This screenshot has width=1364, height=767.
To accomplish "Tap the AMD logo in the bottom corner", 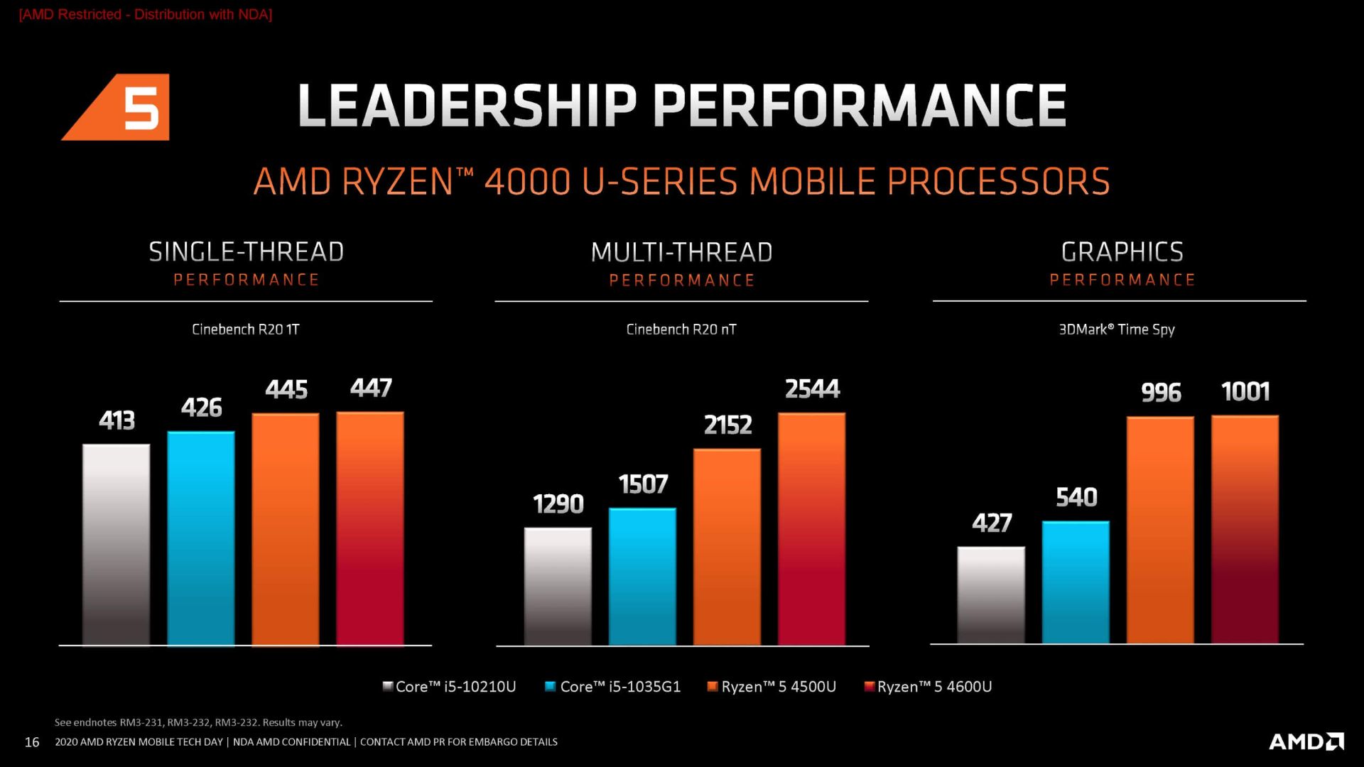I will pos(1306,741).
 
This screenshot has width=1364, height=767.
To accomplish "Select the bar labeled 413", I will pos(117,544).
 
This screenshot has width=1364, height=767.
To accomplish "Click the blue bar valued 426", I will pos(201,538).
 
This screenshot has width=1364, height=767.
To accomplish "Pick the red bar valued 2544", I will pos(811,528).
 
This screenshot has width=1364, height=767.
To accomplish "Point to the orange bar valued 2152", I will pos(727,546).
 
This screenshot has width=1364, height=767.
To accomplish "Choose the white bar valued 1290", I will pos(558,586).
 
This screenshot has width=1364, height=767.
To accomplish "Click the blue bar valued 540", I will pos(1076,582).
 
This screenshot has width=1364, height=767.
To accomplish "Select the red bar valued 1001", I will pos(1245,529).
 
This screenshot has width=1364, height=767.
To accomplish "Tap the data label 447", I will pos(371,388).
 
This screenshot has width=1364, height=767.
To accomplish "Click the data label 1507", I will pos(643,484).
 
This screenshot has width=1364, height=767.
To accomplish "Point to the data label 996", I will pos(1161,393).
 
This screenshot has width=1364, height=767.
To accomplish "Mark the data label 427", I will pos(992,523).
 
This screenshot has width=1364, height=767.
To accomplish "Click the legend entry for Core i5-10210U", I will pos(449,687).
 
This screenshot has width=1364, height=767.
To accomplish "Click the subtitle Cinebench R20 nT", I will pos(681,330).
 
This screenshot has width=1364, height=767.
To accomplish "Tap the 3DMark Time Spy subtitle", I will pos(1117,330).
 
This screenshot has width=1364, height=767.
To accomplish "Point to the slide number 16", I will pos(32,742).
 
